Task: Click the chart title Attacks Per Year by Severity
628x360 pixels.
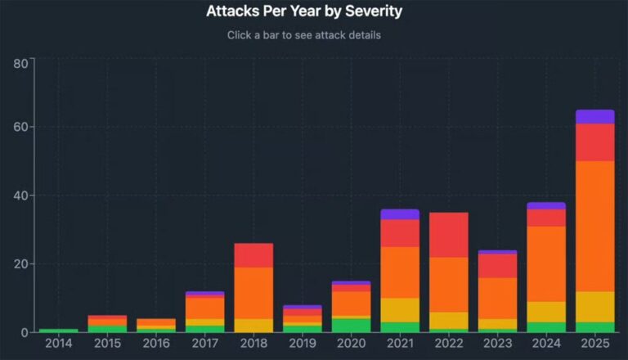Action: [304, 11]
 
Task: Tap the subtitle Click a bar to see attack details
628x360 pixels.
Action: [304, 35]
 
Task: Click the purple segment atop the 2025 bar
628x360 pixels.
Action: [594, 116]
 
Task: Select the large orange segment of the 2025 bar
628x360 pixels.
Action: [594, 226]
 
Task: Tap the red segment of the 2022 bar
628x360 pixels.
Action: [448, 235]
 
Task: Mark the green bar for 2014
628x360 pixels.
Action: [58, 330]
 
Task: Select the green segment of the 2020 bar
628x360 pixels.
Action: [351, 325]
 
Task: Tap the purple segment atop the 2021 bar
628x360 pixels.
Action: [399, 214]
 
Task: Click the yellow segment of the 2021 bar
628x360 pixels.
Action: [399, 309]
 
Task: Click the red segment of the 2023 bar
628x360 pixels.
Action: [497, 266]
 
